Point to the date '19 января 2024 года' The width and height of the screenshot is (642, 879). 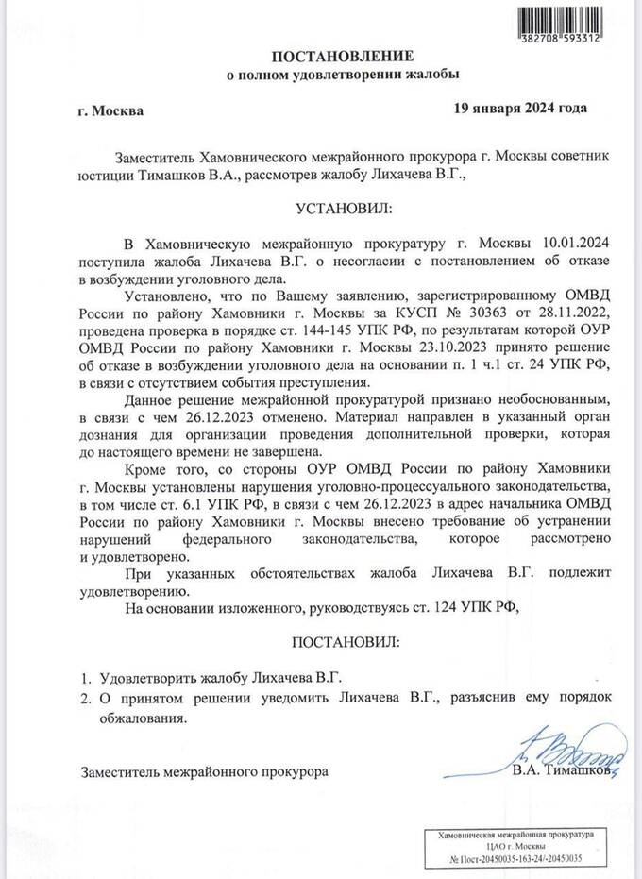coord(520,107)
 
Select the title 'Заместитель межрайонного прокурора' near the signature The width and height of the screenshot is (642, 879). coord(206,770)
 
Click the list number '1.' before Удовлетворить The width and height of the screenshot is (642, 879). coord(84,678)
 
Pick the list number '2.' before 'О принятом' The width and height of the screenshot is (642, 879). coord(84,698)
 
